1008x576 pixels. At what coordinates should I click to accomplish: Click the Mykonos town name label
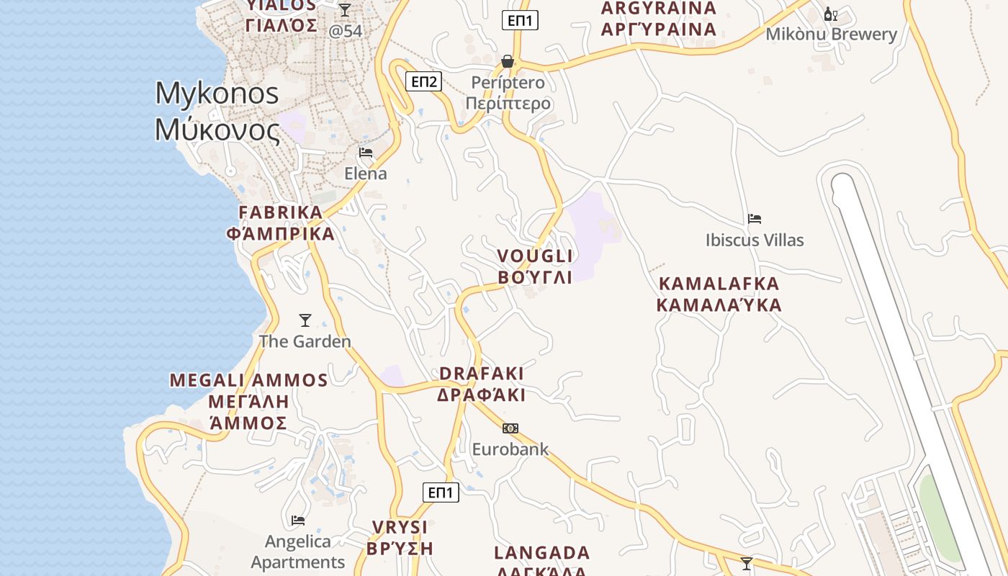coord(217,112)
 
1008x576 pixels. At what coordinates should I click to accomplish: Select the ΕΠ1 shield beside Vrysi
coord(440,492)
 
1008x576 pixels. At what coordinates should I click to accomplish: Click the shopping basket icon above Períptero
coord(508,61)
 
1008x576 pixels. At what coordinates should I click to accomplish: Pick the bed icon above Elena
coord(366,153)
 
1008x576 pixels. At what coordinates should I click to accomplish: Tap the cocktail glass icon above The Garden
coord(305,320)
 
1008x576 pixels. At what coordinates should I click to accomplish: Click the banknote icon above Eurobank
coord(510,428)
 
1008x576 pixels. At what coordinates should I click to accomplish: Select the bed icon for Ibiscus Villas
coord(755,219)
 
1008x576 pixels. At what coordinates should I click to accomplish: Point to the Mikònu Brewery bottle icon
coord(830,14)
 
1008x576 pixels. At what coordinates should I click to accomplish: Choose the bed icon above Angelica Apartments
coord(298,520)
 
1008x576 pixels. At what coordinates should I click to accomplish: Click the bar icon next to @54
coord(345,10)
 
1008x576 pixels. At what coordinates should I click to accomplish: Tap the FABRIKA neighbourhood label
coord(281,223)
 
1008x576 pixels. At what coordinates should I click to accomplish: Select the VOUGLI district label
coord(535,266)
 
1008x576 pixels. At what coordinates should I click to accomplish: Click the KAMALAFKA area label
coord(719,294)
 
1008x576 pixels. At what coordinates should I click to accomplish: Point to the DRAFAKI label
coord(481,384)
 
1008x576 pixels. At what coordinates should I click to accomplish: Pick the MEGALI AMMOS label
coord(248,401)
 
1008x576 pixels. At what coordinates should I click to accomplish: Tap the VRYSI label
coord(400,537)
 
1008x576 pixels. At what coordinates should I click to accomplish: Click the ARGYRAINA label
coord(659,19)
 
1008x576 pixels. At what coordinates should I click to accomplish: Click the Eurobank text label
coord(510,449)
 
